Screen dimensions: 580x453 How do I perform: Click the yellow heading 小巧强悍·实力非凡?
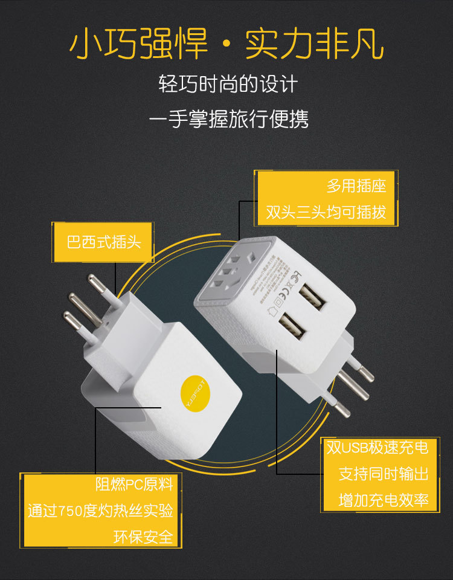[x=226, y=44]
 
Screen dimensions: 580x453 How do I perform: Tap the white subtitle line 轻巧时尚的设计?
[x=228, y=84]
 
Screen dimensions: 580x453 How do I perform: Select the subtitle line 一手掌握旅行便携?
[x=228, y=119]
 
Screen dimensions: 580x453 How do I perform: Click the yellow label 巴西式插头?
[x=103, y=242]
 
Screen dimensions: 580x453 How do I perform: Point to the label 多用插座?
[x=356, y=185]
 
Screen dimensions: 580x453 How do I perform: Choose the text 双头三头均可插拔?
[x=326, y=213]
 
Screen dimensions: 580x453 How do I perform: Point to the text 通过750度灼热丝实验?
[x=100, y=511]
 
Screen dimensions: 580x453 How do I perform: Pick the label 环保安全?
[x=143, y=536]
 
